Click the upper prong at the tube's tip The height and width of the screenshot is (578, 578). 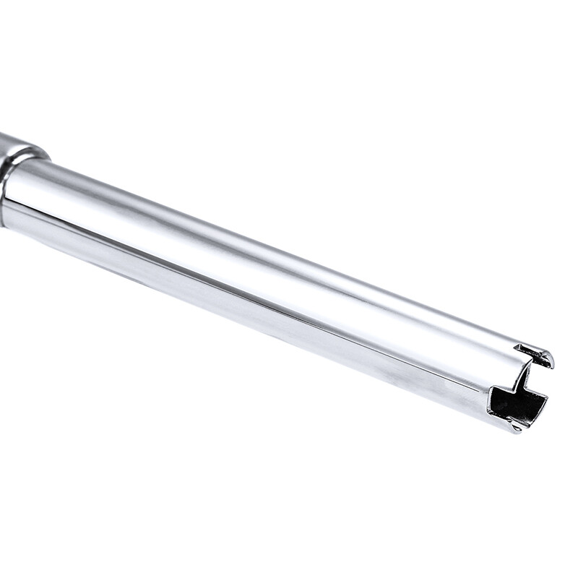click(536, 355)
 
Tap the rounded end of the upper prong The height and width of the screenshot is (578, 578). click(551, 360)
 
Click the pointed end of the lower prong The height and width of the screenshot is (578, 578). click(514, 429)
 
